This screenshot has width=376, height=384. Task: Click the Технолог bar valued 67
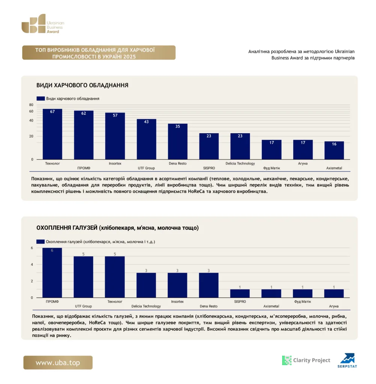52,134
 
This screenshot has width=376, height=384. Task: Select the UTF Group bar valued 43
146,139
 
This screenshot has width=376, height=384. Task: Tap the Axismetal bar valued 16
334,150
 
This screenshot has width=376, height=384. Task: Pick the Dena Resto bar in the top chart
178,141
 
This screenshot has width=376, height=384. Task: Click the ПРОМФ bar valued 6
52,273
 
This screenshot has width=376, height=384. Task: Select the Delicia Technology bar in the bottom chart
146,285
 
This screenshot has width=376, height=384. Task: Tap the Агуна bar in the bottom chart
334,294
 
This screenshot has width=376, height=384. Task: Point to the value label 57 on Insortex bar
115,115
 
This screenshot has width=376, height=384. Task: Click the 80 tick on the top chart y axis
31,105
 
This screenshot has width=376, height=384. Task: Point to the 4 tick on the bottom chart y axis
32,264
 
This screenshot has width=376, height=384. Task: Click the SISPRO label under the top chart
209,168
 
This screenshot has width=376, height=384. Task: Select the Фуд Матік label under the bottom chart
303,301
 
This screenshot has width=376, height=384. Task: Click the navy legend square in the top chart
40,99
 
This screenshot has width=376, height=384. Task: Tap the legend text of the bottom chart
100,242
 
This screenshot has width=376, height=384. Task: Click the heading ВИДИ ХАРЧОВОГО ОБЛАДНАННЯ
82,85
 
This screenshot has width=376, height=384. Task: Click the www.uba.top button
58,363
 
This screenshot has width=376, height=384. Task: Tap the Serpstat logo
348,360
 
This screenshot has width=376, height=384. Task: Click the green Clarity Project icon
287,360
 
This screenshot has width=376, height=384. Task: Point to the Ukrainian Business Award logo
43,24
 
